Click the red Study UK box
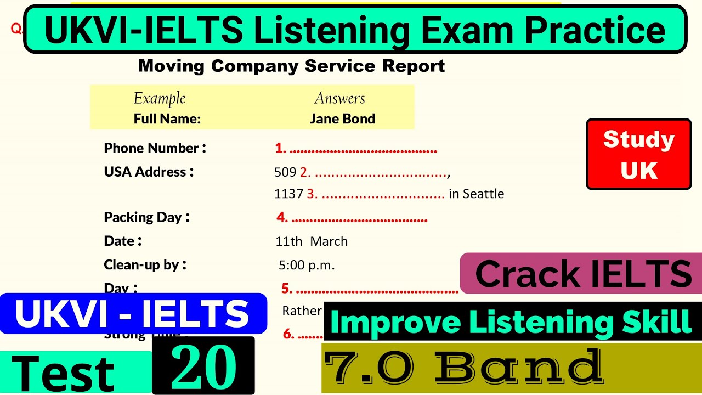(638, 154)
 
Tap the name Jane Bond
(342, 119)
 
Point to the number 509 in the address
(285, 172)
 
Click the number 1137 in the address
(288, 194)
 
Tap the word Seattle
(483, 194)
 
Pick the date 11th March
(312, 241)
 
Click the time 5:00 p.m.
(307, 266)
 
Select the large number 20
(203, 366)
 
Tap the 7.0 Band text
(463, 368)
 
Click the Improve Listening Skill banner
(511, 322)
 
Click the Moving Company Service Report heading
(291, 66)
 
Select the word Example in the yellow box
(160, 98)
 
